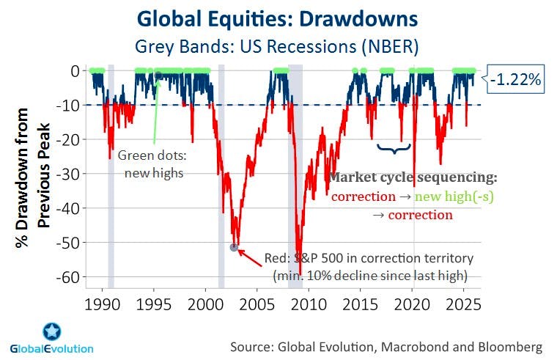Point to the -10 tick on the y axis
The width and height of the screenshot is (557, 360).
(75, 105)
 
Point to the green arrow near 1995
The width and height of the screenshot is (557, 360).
(156, 110)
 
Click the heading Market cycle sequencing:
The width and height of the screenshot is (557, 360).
(413, 178)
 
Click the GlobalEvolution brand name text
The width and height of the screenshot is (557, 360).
(51, 349)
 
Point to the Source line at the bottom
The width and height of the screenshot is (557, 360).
(386, 345)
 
